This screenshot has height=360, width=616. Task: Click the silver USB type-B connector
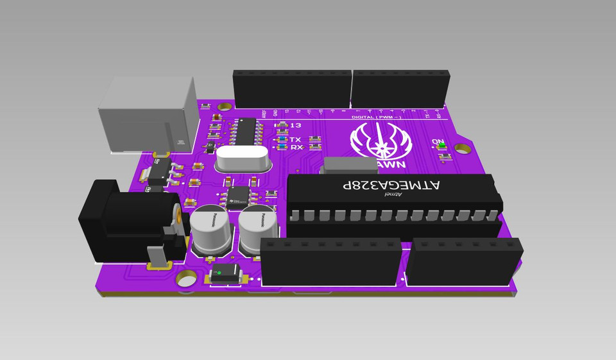click(146, 116)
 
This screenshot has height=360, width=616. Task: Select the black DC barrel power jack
click(128, 221)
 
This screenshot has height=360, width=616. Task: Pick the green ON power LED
click(442, 147)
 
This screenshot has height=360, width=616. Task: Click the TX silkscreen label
click(295, 139)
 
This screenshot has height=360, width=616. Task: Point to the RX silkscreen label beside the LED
click(296, 148)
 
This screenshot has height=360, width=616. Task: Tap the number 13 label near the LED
click(295, 126)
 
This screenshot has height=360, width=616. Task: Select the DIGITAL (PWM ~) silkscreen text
click(377, 118)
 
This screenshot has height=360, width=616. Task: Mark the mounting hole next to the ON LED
click(462, 149)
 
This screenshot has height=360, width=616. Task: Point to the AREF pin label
click(263, 114)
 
